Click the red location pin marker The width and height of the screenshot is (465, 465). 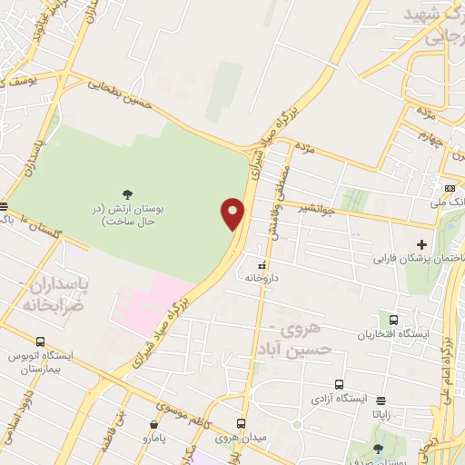click(233, 213)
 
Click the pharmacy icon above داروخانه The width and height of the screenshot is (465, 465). click(262, 266)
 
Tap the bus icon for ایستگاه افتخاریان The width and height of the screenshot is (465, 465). click(394, 320)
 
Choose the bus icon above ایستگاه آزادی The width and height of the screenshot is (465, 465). click(339, 384)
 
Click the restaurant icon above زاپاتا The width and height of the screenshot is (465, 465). click(381, 400)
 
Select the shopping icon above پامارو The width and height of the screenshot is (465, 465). click(153, 424)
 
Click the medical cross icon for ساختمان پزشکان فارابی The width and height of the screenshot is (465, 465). click(421, 244)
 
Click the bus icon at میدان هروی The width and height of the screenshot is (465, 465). click(241, 423)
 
